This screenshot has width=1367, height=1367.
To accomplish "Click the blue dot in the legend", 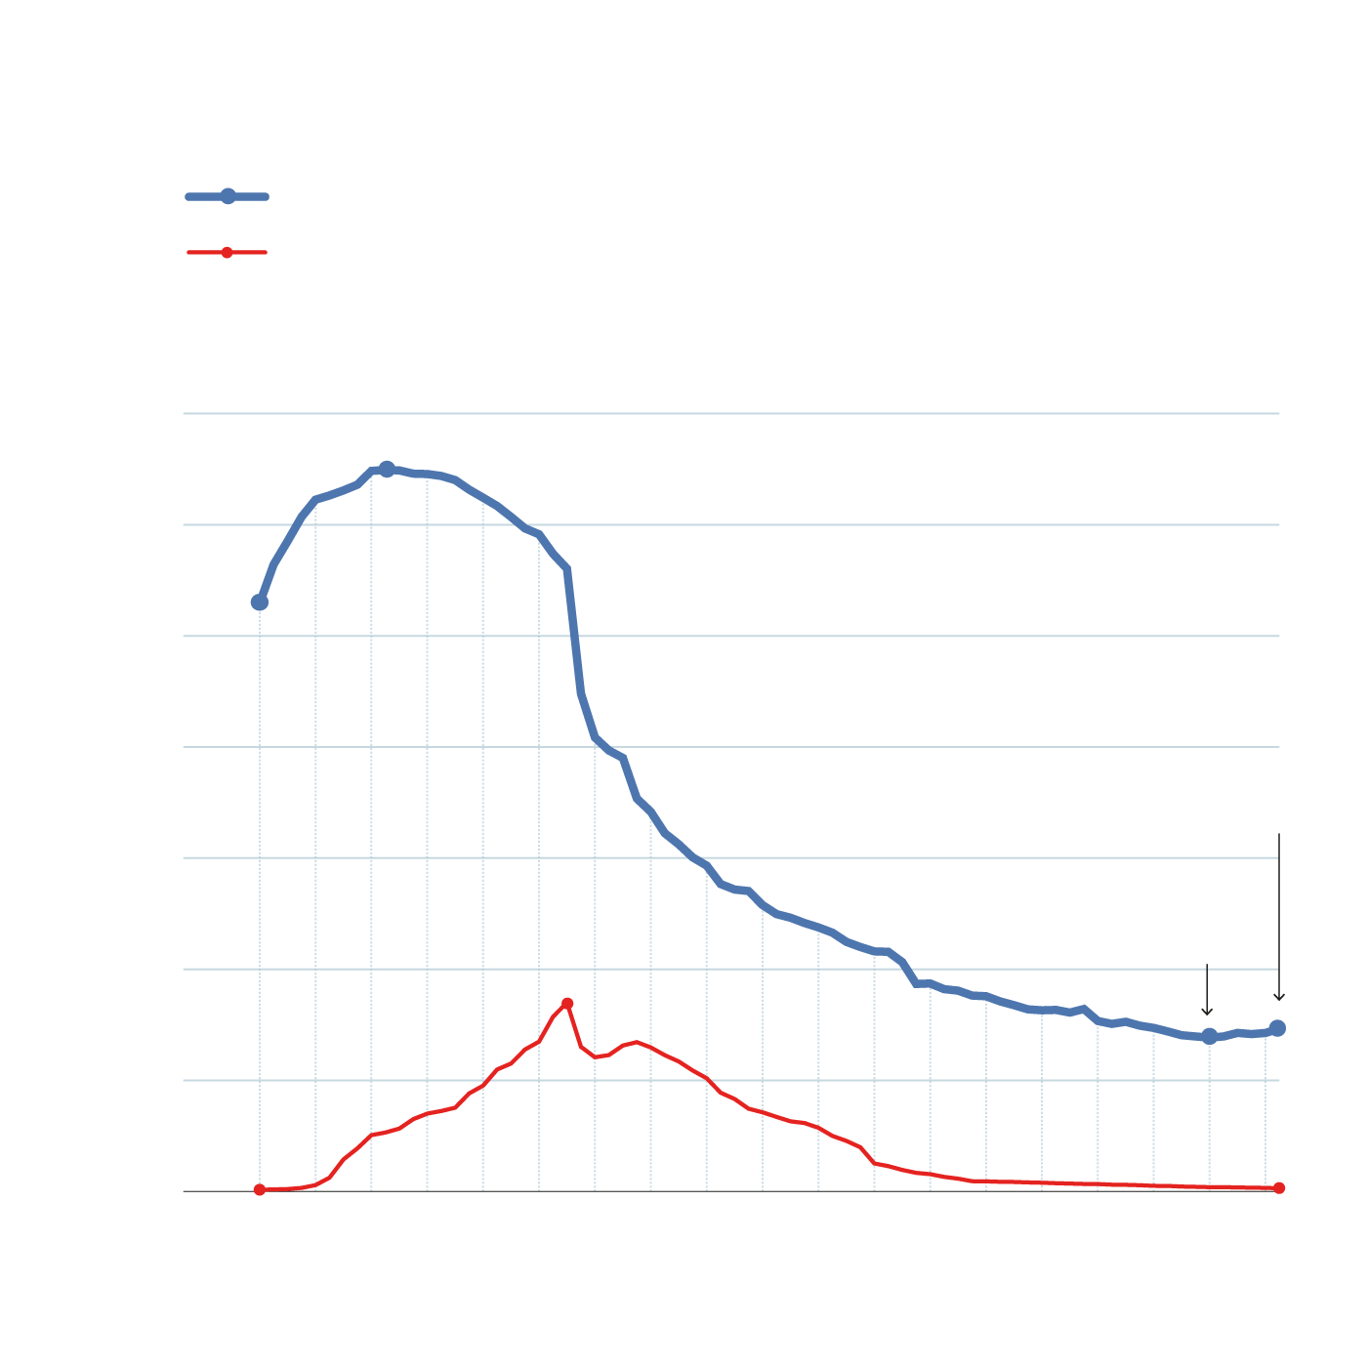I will pyautogui.click(x=228, y=196).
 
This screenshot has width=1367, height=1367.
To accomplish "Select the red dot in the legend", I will pyautogui.click(x=227, y=253).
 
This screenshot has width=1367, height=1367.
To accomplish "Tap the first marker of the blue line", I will pyautogui.click(x=260, y=602).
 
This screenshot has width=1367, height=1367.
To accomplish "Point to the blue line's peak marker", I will pyautogui.click(x=387, y=469).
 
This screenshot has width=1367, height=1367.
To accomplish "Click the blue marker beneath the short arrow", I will pyautogui.click(x=1209, y=1036).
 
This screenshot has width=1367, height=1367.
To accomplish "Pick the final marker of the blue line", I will pyautogui.click(x=1278, y=1027).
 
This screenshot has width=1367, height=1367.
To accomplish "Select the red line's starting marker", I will pyautogui.click(x=260, y=1189).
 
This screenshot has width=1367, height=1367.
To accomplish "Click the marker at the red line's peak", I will pyautogui.click(x=567, y=1004).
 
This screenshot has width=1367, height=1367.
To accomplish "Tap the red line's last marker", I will pyautogui.click(x=1279, y=1187).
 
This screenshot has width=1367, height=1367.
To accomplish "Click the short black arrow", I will pyautogui.click(x=1207, y=991).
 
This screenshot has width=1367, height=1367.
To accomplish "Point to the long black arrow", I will pyautogui.click(x=1279, y=918).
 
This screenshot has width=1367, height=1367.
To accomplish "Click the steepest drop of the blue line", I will pyautogui.click(x=576, y=635).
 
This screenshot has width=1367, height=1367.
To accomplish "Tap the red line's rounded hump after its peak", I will pyautogui.click(x=637, y=1043).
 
